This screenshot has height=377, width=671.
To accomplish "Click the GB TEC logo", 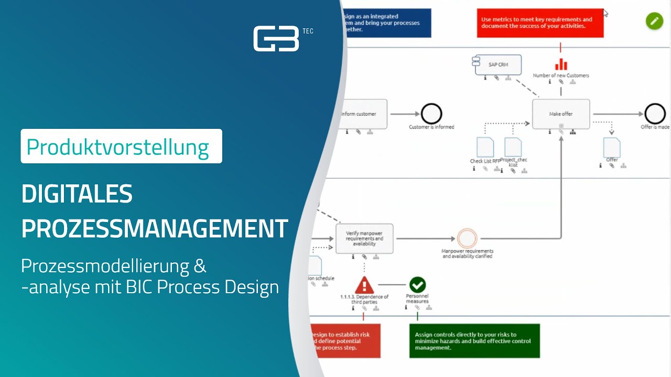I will tap(277, 39).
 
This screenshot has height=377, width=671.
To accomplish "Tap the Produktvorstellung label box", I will tap(121, 147).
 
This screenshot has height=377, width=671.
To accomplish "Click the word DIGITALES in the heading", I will tap(77, 195).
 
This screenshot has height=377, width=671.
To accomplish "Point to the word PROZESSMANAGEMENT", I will tap(155, 229).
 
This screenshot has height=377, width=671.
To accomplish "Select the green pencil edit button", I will tap(654, 21).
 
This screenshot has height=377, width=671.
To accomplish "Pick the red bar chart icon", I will tap(561, 64).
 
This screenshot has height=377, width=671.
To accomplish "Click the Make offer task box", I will tap(561, 114).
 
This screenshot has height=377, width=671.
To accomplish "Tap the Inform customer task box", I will tap(362, 114).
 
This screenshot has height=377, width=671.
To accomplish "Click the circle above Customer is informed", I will tap(431, 114).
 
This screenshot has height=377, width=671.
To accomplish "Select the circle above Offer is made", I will tap(655, 114).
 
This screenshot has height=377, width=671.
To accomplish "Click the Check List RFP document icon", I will tap(485, 147).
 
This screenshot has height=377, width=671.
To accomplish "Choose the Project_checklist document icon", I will tap(513, 147).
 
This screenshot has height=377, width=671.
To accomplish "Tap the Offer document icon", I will tap(612, 147).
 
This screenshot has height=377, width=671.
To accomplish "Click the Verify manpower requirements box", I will tap(364, 238).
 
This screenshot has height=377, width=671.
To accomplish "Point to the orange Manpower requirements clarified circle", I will tap(467, 238).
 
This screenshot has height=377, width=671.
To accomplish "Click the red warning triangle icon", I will tap(364, 285).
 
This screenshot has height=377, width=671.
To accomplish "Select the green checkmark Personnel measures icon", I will tap(417, 285).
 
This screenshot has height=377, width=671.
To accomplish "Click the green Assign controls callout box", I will tap(474, 341).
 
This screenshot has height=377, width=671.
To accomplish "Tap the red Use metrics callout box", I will tap(540, 23).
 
